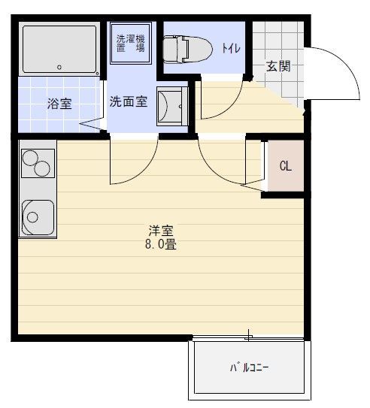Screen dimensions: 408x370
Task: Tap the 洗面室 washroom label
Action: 128,101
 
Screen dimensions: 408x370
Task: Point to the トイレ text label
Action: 229,49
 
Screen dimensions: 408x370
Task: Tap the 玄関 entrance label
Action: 278,66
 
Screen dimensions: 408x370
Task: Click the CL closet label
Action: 285,166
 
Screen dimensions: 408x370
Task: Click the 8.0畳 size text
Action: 161,244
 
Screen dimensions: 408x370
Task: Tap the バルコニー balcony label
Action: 249,368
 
